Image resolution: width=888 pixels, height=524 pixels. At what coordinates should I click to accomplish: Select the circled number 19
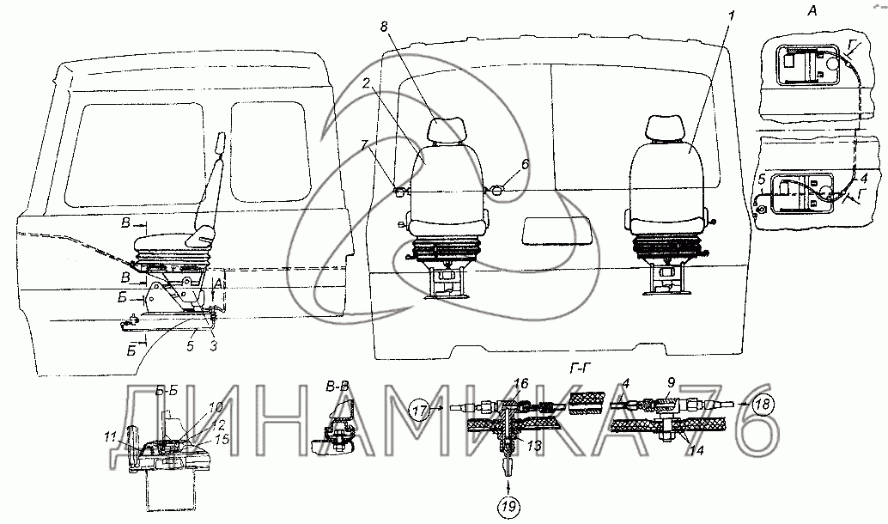pyautogui.click(x=509, y=506)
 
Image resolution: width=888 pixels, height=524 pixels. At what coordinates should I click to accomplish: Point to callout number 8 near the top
pyautogui.click(x=384, y=27)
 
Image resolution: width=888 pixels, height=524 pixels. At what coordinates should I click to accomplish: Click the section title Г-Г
pyautogui.click(x=578, y=368)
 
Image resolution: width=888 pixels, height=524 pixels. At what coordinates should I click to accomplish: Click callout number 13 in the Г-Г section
pyautogui.click(x=534, y=445)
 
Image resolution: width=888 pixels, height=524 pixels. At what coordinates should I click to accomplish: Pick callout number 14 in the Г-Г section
pyautogui.click(x=696, y=452)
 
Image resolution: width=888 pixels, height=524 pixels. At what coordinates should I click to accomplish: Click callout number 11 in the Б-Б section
pyautogui.click(x=111, y=436)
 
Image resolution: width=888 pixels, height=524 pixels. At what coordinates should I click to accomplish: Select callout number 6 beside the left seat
pyautogui.click(x=525, y=164)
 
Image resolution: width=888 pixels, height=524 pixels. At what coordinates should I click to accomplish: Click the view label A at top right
pyautogui.click(x=812, y=10)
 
